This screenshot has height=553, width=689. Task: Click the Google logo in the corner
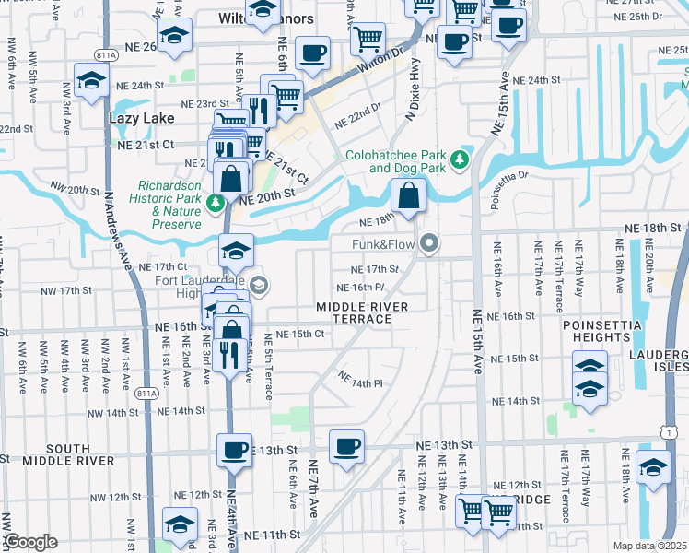pyautogui.click(x=30, y=542)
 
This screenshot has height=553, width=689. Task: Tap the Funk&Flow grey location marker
pyautogui.click(x=428, y=244)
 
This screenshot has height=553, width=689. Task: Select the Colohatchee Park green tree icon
pyautogui.click(x=459, y=161)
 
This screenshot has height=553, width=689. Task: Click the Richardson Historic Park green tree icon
pyautogui.click(x=215, y=203)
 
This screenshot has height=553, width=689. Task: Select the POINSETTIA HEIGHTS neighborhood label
pyautogui.click(x=606, y=331)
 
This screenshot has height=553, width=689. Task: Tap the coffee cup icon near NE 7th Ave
pyautogui.click(x=346, y=447)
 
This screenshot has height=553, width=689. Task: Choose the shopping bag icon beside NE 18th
pyautogui.click(x=407, y=195)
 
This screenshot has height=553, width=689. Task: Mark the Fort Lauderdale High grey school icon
pyautogui.click(x=258, y=286)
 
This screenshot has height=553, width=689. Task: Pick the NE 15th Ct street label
pyautogui.click(x=300, y=334)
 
